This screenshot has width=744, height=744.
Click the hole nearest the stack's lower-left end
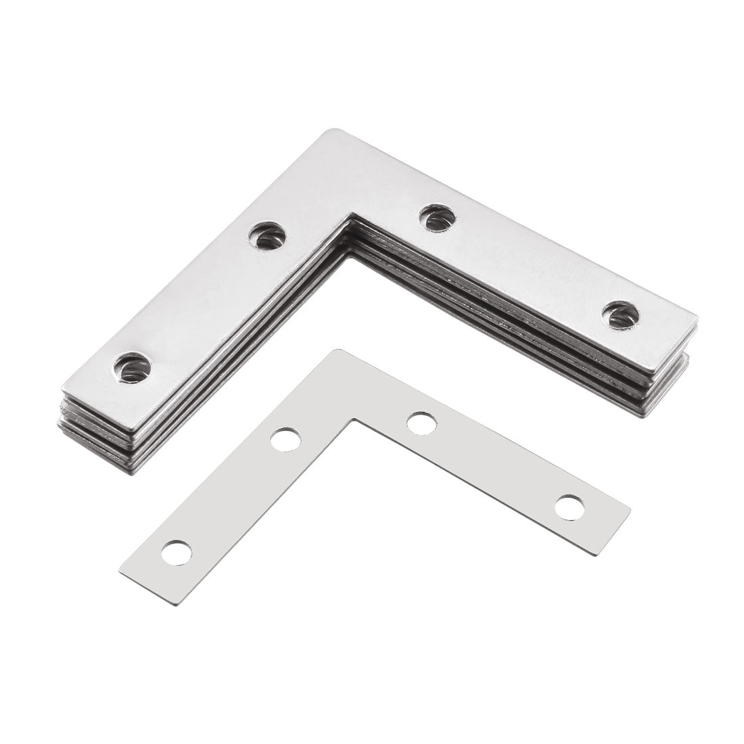(x=133, y=367)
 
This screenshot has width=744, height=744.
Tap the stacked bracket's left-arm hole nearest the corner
(x=266, y=236)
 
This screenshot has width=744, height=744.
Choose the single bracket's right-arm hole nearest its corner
(x=422, y=424)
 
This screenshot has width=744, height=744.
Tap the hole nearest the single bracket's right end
(x=569, y=507)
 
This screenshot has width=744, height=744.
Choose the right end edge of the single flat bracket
(x=612, y=531)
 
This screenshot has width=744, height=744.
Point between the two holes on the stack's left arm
(x=200, y=302)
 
